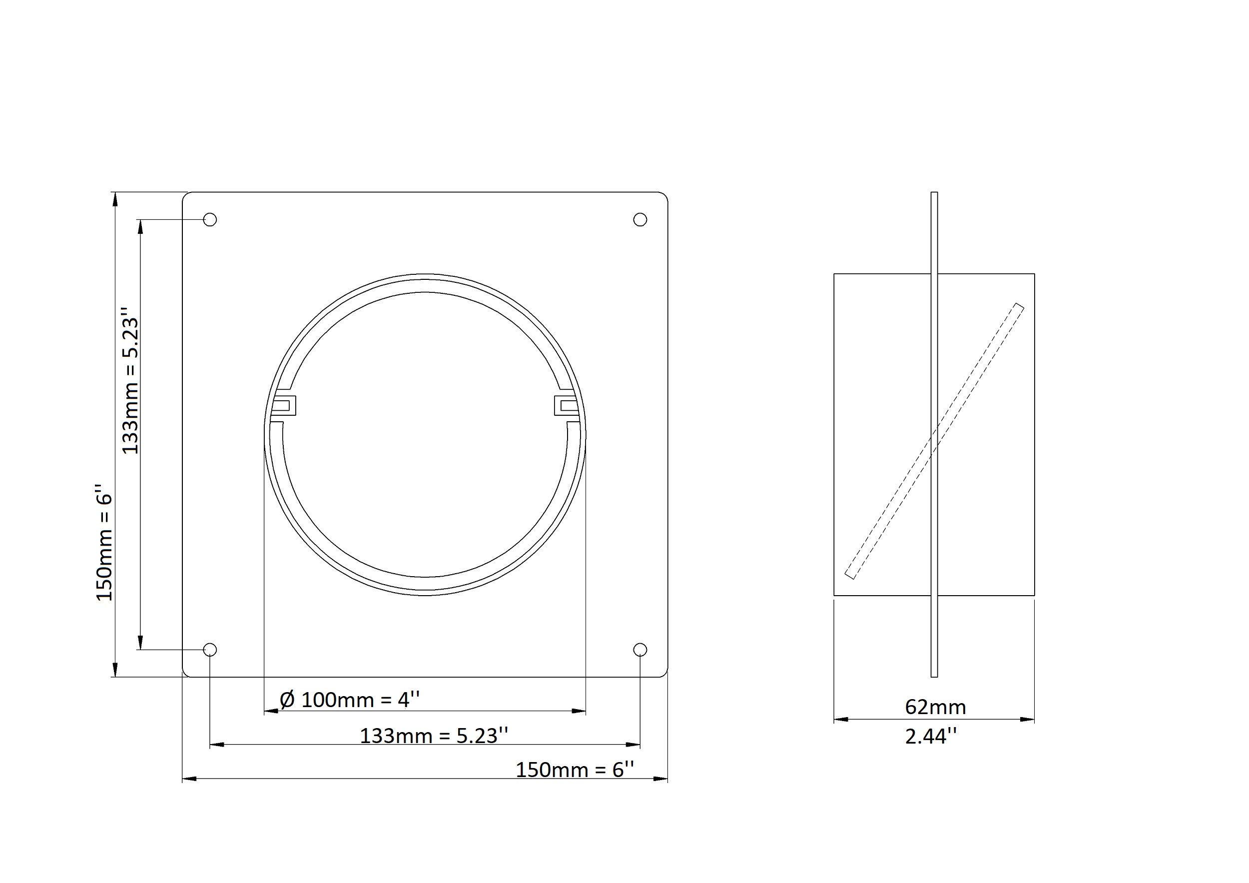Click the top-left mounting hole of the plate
coord(210,219)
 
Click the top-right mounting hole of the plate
coord(640,219)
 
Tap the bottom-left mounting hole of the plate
coord(210,650)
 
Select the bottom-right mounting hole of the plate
coord(640,650)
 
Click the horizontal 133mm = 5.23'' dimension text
coord(434,736)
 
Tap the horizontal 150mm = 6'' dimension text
coord(575,770)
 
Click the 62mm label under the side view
coord(935,707)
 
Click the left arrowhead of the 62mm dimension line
coord(840,719)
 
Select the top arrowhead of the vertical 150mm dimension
coord(114,199)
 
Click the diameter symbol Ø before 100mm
coord(287,700)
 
